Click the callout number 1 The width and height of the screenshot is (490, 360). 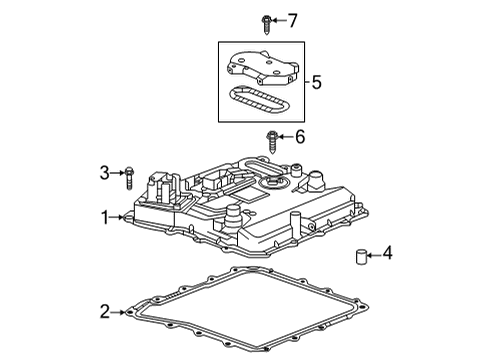[x=104, y=215]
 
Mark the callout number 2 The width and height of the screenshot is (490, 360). [x=104, y=313]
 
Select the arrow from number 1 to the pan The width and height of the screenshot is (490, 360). [x=117, y=215]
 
